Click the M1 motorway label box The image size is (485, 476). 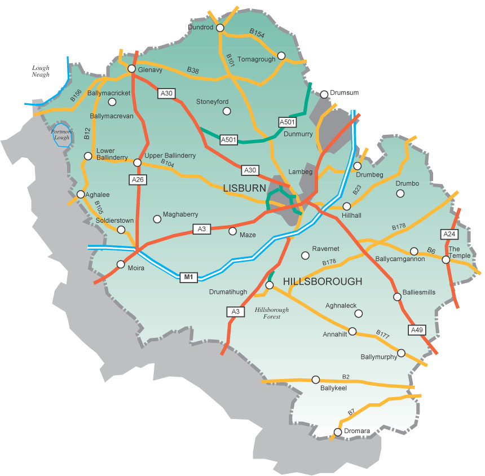click(189, 277)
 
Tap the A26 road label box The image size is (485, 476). click(138, 180)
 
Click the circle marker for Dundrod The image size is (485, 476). click(220, 27)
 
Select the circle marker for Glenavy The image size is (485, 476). click(131, 69)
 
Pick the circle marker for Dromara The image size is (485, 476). click(338, 433)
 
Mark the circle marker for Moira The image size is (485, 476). click(121, 264)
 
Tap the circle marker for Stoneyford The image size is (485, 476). click(227, 111)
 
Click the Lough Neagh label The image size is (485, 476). click(41, 70)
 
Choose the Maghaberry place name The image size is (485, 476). click(180, 215)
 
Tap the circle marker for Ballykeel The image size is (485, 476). click(316, 379)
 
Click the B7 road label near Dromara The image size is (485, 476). click(351, 412)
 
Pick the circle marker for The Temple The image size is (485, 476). click(446, 259)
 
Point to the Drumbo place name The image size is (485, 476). click(408, 184)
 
